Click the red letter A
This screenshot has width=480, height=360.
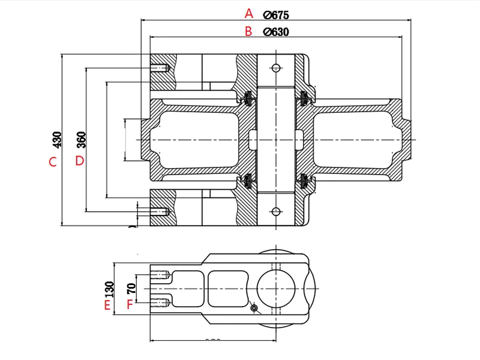(250, 13)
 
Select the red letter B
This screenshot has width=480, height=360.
(249, 32)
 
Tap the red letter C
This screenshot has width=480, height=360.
(53, 161)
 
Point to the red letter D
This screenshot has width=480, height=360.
(79, 161)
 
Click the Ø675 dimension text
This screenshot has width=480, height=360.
(277, 14)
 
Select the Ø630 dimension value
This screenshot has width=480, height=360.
(277, 32)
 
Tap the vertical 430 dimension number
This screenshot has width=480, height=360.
(58, 140)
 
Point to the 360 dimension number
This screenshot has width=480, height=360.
(81, 140)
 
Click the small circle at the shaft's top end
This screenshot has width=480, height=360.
(276, 67)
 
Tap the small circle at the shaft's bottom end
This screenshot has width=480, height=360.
(276, 212)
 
